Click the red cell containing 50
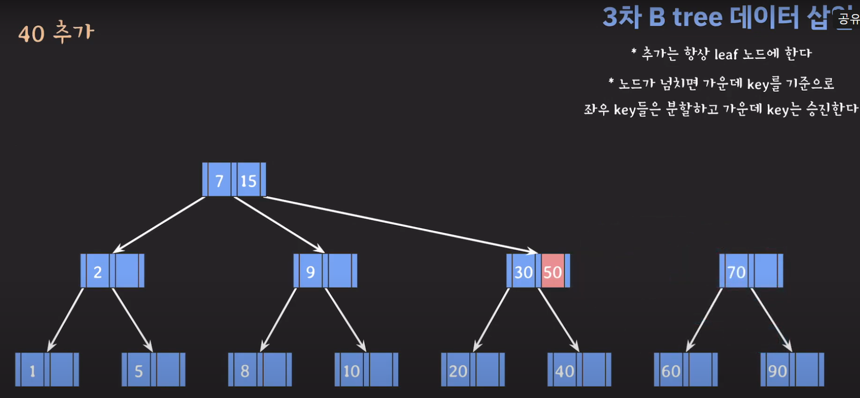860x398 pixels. point(553,271)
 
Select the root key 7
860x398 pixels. point(219,180)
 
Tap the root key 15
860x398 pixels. point(248,180)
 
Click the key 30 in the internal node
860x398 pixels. point(523,271)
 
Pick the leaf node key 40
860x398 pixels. point(564,370)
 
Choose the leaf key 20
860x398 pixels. point(458,370)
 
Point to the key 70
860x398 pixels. point(736,271)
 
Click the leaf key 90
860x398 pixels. point(777,370)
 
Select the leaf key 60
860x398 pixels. point(671,370)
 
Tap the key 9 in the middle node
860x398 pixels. point(310,271)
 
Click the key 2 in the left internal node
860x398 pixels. point(97,271)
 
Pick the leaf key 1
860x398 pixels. point(32,370)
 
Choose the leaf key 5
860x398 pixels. point(139,370)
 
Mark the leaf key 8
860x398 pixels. point(245,370)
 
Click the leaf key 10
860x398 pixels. point(351,370)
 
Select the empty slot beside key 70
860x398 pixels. point(765,271)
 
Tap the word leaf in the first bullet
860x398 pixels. point(726,54)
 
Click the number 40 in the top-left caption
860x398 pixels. point(31,34)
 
